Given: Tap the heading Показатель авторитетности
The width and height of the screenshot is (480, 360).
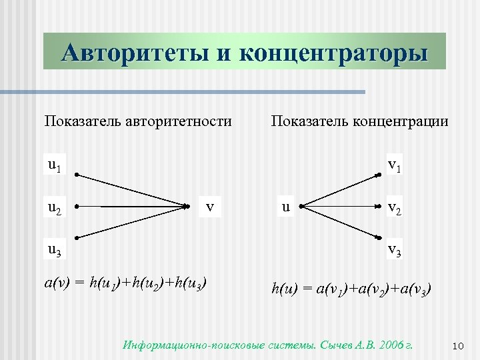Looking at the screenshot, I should pyautogui.click(x=138, y=121).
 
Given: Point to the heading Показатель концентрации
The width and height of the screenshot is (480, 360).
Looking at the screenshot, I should pyautogui.click(x=359, y=121).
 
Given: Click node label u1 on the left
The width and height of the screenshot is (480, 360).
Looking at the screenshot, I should pyautogui.click(x=54, y=165).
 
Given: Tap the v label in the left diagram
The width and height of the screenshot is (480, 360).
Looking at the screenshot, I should pyautogui.click(x=210, y=207).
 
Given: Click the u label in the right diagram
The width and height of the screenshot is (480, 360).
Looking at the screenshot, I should pyautogui.click(x=285, y=207).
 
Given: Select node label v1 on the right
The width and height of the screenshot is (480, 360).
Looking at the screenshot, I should pyautogui.click(x=394, y=165).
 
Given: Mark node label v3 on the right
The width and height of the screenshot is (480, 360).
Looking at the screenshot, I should pyautogui.click(x=394, y=251).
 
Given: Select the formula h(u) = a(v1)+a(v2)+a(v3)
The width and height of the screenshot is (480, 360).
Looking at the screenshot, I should pyautogui.click(x=351, y=289).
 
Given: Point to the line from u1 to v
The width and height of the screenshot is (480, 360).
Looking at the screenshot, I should pyautogui.click(x=133, y=191).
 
